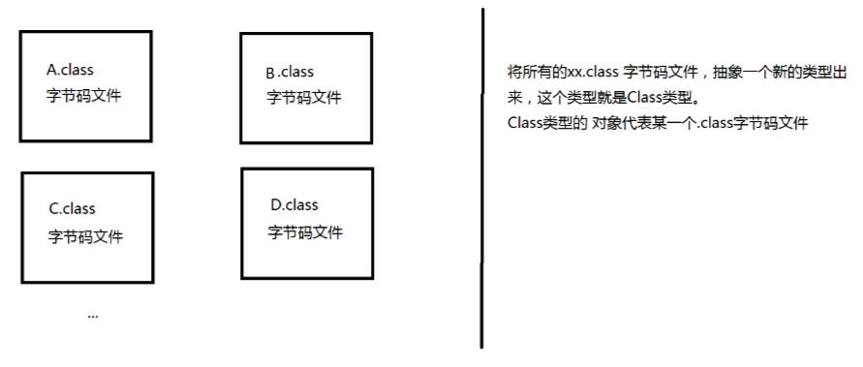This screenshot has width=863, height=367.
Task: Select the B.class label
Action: (x=290, y=73)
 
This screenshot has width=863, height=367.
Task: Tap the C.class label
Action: (x=73, y=209)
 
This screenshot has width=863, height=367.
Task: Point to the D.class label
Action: (x=294, y=205)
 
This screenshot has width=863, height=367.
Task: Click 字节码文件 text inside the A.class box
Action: (x=84, y=96)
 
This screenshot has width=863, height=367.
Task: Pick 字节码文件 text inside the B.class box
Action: (x=304, y=98)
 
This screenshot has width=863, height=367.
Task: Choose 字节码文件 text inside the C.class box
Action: (x=86, y=236)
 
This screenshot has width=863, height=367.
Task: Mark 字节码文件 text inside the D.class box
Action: (x=305, y=232)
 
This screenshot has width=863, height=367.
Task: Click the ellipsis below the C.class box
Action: (x=92, y=316)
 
